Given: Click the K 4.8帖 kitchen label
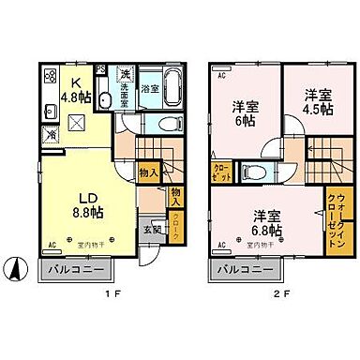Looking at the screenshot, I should (75, 85).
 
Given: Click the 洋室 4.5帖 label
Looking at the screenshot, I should (316, 100).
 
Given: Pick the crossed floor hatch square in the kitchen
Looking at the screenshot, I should (79, 118).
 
